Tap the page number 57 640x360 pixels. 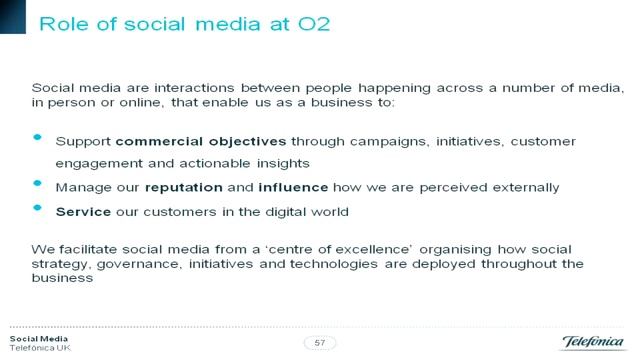(x=320, y=343)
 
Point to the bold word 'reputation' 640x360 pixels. (x=181, y=186)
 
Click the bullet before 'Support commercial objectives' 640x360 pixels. (x=38, y=138)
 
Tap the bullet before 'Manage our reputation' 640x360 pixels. (x=38, y=184)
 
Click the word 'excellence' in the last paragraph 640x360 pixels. (x=366, y=247)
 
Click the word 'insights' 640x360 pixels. (x=287, y=163)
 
